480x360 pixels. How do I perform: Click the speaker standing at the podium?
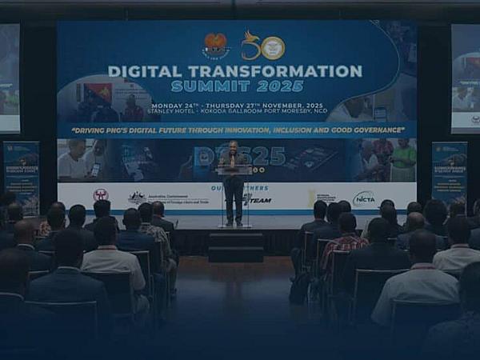[234, 180]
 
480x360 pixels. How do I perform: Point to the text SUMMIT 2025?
[237, 86]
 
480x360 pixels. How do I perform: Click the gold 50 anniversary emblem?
[263, 46]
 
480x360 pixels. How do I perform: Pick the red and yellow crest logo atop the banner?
[215, 46]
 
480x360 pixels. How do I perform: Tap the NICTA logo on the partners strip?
[364, 197]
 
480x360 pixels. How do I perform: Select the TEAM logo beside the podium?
[258, 200]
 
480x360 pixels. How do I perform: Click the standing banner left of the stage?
[22, 176]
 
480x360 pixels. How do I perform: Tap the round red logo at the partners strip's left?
[100, 195]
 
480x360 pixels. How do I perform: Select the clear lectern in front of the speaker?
[234, 196]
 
